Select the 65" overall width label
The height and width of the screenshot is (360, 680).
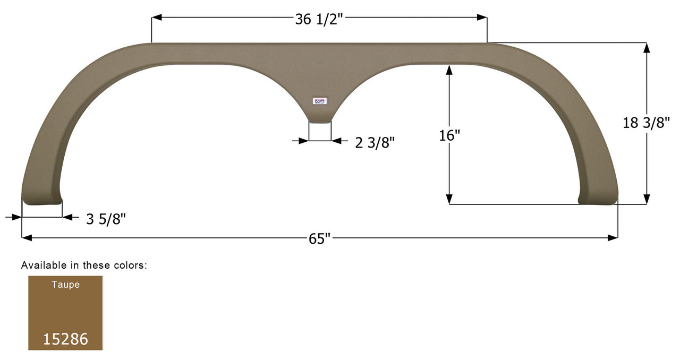(319, 239)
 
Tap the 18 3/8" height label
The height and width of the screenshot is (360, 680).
(646, 123)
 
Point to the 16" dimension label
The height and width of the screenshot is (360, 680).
(449, 135)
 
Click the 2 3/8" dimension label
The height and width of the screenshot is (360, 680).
(375, 143)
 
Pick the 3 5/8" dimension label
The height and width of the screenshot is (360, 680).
(106, 219)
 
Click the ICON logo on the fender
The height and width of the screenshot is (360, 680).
(320, 101)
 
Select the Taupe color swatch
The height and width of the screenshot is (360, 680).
(65, 313)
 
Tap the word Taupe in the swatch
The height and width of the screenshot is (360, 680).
(65, 285)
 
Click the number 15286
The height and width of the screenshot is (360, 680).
(65, 339)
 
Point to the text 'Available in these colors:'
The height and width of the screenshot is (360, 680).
(84, 265)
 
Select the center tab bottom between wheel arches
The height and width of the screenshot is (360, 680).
(320, 121)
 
